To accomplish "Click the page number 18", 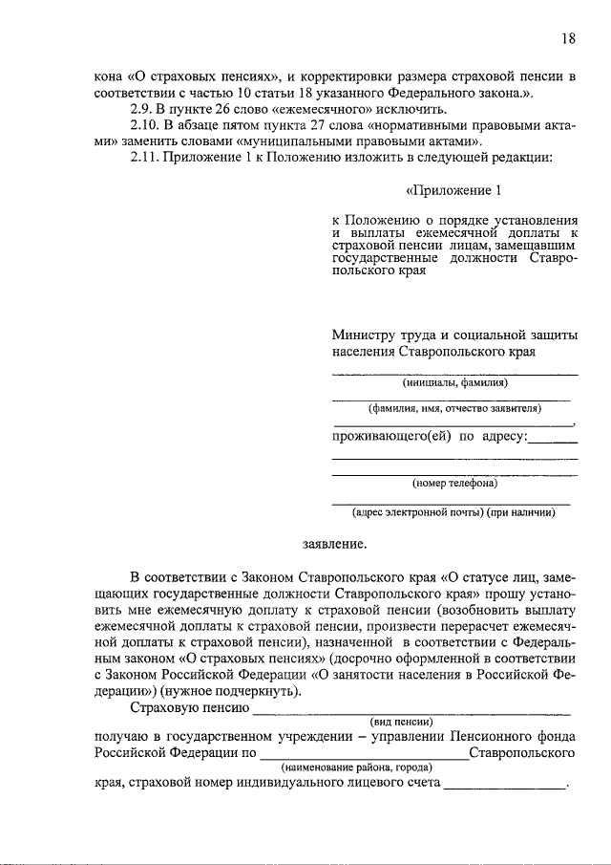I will click(x=569, y=39).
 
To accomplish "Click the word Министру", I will click(x=363, y=335).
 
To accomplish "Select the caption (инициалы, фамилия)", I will click(x=454, y=383).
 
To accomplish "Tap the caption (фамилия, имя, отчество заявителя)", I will click(x=454, y=408).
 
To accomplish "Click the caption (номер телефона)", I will click(x=454, y=483).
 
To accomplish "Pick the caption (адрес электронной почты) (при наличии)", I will click(x=454, y=511).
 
